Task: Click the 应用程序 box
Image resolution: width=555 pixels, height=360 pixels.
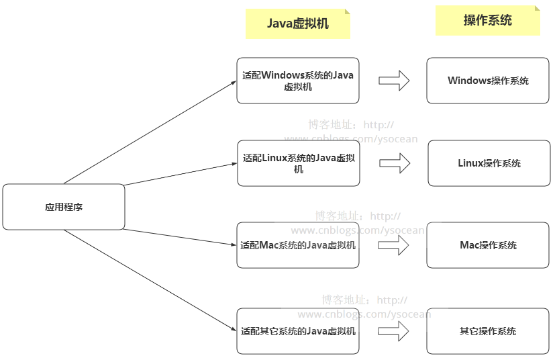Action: pyautogui.click(x=64, y=207)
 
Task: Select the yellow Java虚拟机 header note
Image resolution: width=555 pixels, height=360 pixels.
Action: pyautogui.click(x=298, y=24)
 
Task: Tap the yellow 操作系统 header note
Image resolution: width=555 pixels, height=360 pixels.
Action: pyautogui.click(x=488, y=20)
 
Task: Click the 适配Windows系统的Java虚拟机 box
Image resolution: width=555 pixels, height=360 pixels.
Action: pyautogui.click(x=298, y=81)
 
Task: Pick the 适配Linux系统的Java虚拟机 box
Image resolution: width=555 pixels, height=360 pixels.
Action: pyautogui.click(x=298, y=163)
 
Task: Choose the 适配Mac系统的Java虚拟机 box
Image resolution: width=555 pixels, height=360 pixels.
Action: pyautogui.click(x=298, y=245)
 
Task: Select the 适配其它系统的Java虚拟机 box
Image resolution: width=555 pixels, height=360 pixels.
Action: pyautogui.click(x=298, y=331)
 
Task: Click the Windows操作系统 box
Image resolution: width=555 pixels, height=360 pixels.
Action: pyautogui.click(x=488, y=81)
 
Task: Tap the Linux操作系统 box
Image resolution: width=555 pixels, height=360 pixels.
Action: pyautogui.click(x=489, y=163)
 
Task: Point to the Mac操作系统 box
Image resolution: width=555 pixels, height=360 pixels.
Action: pyautogui.click(x=488, y=245)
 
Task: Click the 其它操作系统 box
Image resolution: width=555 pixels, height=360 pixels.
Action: pyautogui.click(x=488, y=331)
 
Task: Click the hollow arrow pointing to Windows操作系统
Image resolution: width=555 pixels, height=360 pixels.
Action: pyautogui.click(x=394, y=81)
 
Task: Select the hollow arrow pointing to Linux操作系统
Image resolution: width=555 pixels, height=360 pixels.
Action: pyautogui.click(x=395, y=163)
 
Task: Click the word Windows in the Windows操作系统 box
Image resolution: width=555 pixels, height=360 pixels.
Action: pyautogui.click(x=469, y=81)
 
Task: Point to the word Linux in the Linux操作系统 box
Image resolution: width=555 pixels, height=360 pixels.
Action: pyautogui.click(x=470, y=163)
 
